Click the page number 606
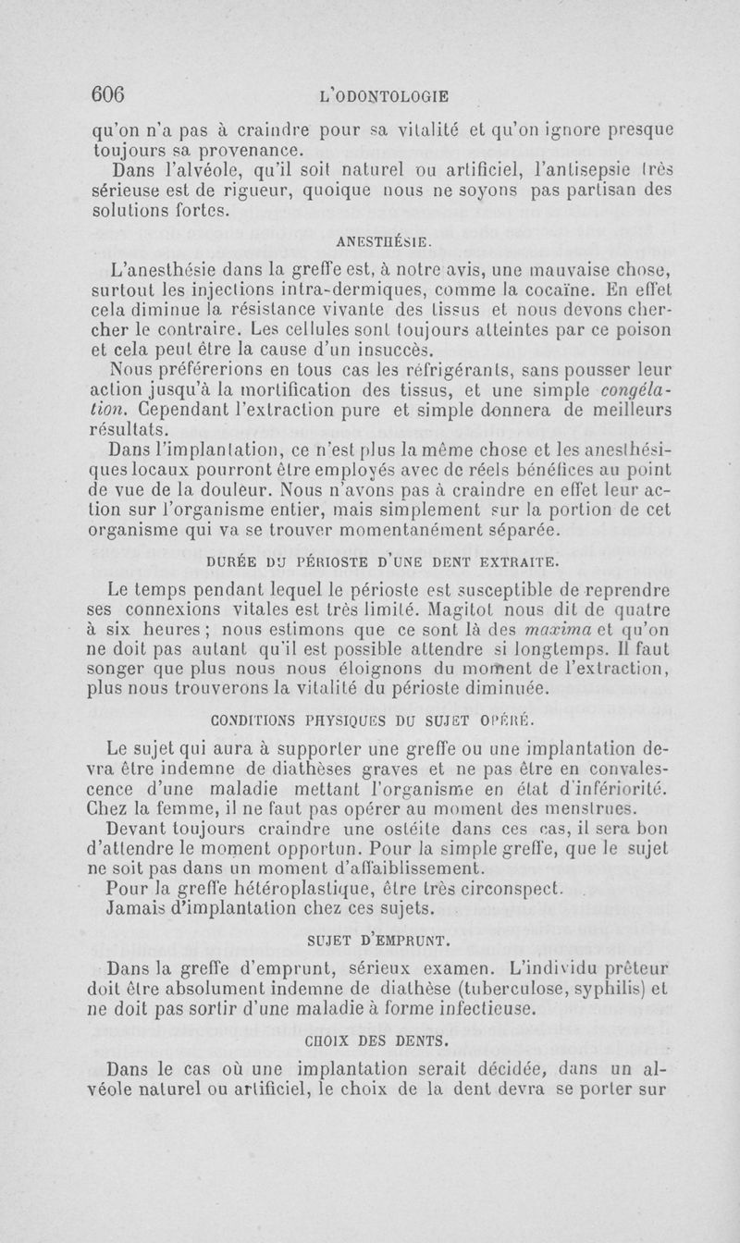(108, 94)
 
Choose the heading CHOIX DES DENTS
(377, 1040)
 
